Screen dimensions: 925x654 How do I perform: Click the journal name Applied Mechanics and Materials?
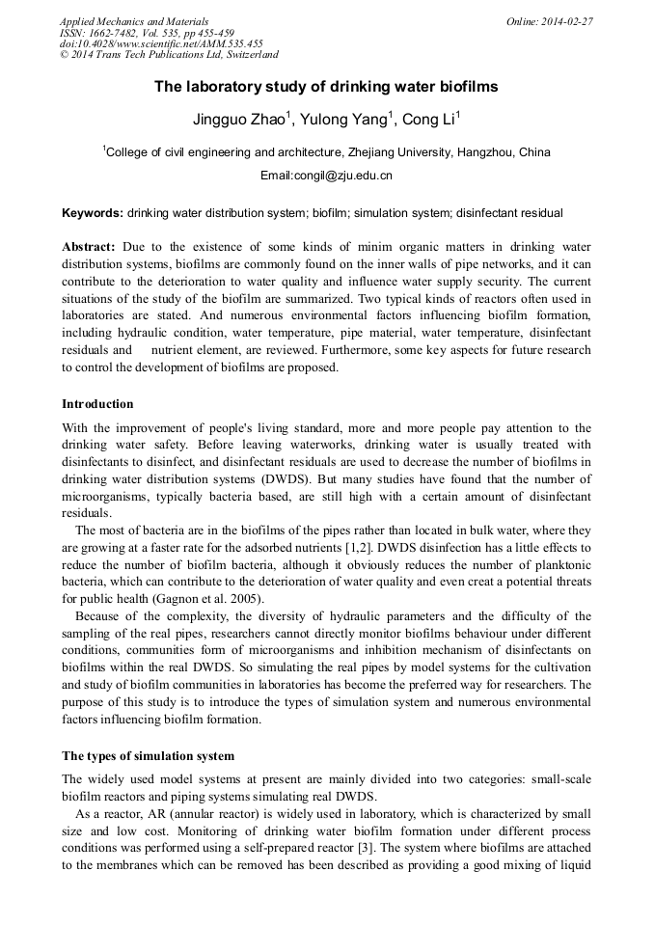click(134, 21)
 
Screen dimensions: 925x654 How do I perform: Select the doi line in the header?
click(161, 43)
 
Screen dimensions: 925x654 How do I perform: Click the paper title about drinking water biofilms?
click(326, 87)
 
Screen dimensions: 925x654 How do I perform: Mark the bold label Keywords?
click(93, 212)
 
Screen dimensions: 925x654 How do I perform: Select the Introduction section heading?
click(97, 403)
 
